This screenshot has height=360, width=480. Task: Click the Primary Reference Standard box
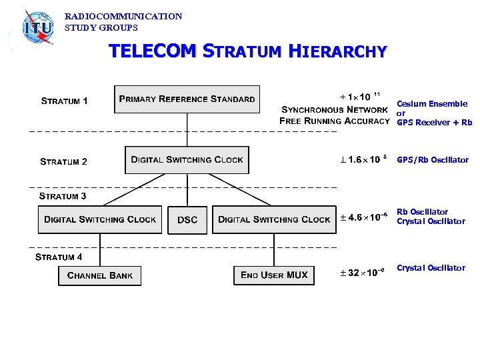pos(187,99)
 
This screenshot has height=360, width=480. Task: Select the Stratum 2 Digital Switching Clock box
pos(187,160)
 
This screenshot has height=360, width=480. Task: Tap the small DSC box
pos(187,220)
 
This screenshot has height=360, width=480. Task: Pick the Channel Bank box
pos(100,275)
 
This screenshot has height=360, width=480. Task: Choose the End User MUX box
pos(274,275)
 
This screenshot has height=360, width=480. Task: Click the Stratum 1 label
pos(64,101)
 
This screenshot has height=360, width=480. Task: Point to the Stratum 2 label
pos(63,161)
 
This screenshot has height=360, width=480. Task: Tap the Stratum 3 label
pos(63,196)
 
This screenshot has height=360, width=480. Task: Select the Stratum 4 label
pos(59,257)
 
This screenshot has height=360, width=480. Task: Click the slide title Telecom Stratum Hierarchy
pos(247,51)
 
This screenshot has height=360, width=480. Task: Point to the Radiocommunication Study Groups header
pos(123,22)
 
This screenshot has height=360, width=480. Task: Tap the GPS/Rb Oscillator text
pos(433,160)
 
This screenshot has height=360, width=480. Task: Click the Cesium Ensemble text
pos(432,103)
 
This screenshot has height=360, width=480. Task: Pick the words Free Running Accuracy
pos(334,121)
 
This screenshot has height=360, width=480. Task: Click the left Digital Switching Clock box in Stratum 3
pos(100,219)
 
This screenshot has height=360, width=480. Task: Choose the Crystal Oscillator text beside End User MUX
pos(431,268)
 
